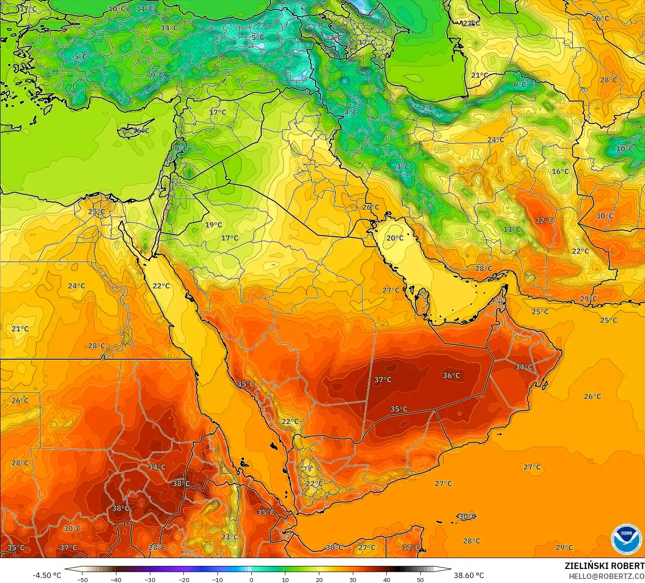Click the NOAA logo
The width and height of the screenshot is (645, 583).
626,539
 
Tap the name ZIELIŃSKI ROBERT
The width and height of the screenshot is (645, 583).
604,566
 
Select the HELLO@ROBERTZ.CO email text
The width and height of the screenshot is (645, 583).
606,576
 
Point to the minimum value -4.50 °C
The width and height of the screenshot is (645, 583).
47,575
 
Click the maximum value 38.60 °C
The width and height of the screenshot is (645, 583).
469,575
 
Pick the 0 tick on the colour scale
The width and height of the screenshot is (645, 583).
251,579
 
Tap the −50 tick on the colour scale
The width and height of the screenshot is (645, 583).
82,579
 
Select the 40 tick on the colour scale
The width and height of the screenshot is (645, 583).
387,579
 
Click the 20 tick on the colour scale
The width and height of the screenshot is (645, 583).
319,579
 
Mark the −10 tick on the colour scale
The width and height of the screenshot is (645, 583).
217,579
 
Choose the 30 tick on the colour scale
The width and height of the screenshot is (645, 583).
353,579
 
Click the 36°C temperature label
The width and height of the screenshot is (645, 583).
451,375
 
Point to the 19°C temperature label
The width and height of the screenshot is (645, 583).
213,225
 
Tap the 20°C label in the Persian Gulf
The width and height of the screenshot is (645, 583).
395,238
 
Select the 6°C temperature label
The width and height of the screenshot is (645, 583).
520,84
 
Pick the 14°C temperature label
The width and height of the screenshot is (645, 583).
169,28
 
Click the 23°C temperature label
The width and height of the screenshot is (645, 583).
230,537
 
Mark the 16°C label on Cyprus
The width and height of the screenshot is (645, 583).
141,130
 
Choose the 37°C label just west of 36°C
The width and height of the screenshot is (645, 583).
383,380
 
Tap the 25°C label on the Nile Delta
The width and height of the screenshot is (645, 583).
96,212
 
